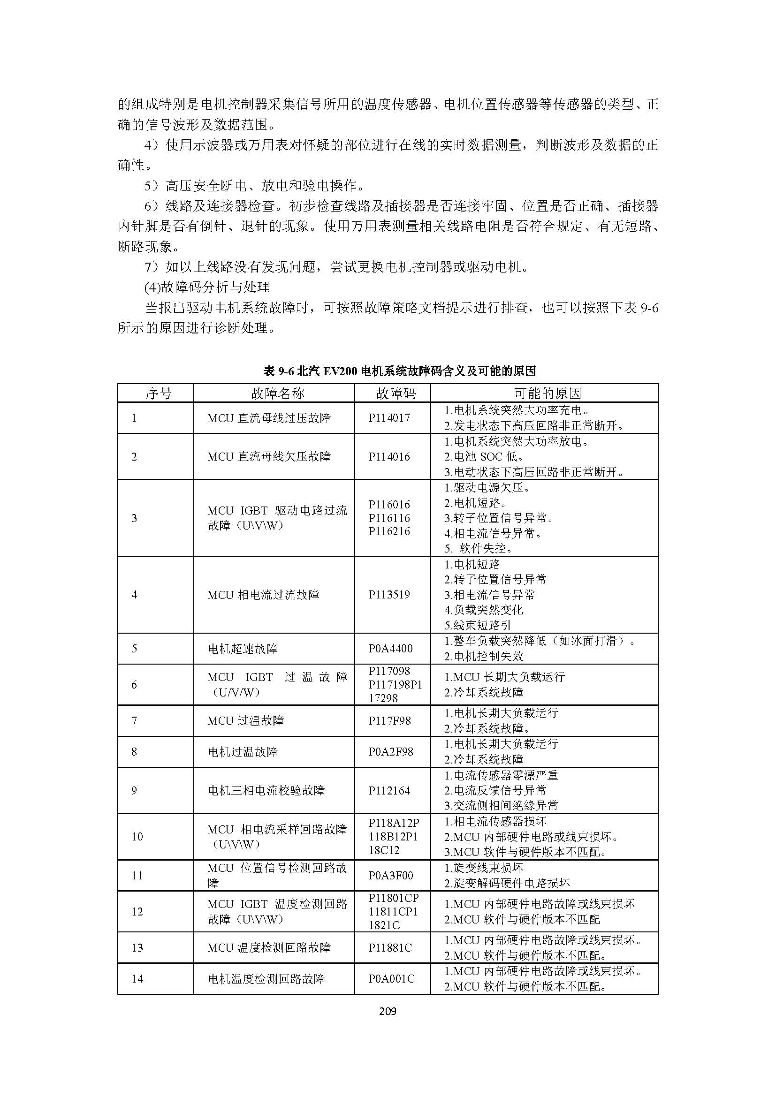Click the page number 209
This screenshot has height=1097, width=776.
point(388,1011)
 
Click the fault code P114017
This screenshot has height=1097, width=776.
point(389,417)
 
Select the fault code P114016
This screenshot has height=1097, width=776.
point(389,456)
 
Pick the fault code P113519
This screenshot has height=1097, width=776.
point(389,594)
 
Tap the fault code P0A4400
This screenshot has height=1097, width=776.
point(390,648)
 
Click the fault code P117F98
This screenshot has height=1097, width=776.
point(389,720)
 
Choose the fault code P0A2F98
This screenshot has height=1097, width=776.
point(390,751)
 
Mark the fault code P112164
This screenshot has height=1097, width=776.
point(389,790)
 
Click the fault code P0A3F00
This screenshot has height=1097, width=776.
point(390,875)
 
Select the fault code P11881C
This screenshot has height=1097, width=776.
point(390,947)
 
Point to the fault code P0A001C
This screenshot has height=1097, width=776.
point(391,978)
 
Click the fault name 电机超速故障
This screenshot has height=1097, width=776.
point(243,649)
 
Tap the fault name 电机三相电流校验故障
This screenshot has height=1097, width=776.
point(266,790)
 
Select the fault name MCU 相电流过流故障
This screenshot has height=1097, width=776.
point(263,595)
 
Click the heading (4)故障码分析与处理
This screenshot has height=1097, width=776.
point(207,287)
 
